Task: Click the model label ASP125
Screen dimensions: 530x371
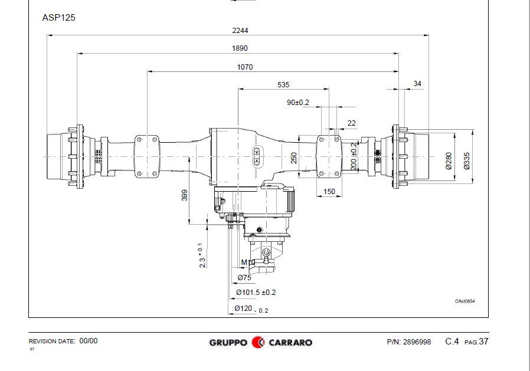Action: point(59,18)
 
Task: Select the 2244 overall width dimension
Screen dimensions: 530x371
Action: point(240,31)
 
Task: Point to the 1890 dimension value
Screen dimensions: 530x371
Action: point(240,48)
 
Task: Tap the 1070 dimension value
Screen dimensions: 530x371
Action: point(245,67)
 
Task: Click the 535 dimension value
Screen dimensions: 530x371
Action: point(283,85)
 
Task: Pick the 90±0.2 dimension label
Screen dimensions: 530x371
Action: point(298,103)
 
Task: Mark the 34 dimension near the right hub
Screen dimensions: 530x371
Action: point(417,83)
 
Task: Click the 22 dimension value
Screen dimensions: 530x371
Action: point(352,123)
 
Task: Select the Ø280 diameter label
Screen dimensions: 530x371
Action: point(449,161)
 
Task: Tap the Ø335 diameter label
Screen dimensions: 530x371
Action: point(467,161)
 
